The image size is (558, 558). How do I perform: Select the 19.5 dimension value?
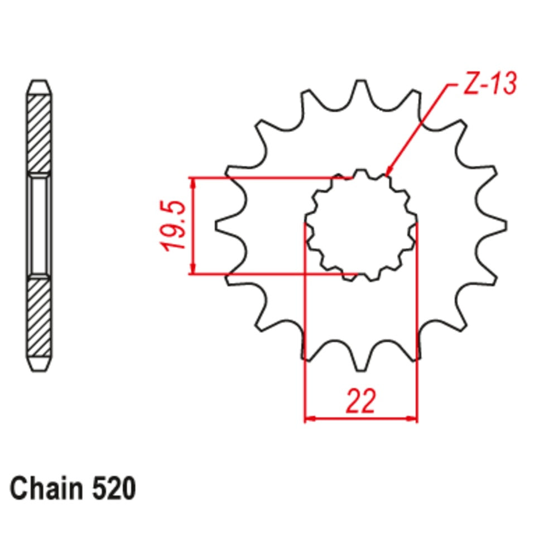coord(174,226)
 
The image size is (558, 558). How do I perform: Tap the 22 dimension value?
coord(361,401)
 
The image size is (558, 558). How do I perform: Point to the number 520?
coord(111,489)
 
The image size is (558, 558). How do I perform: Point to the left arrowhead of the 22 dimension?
coord(310,418)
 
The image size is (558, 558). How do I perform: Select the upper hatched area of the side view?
coord(40,134)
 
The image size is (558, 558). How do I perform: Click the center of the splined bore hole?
coord(361,225)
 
